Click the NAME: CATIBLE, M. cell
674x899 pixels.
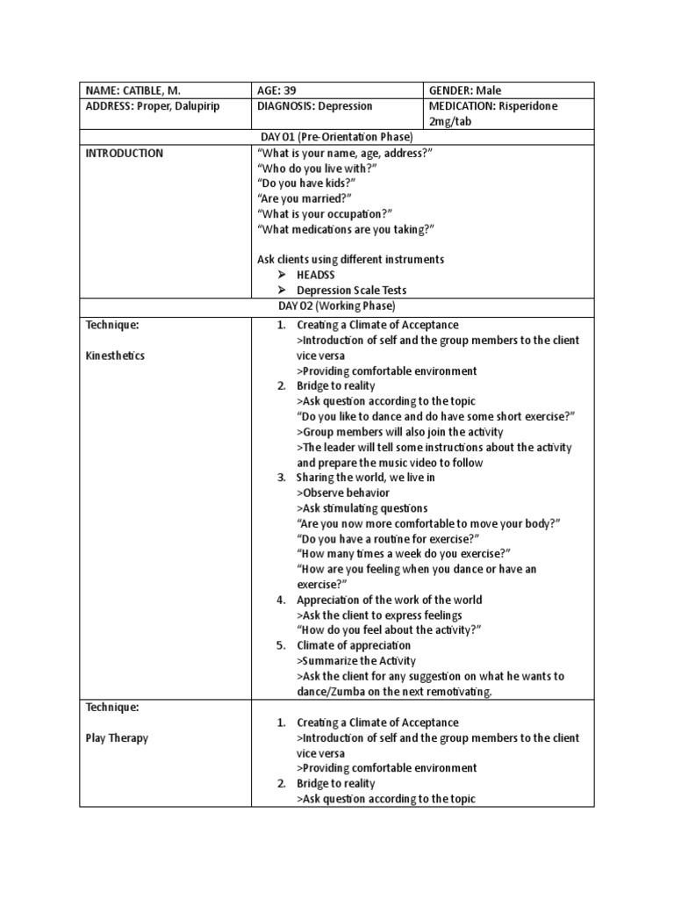[x=135, y=90]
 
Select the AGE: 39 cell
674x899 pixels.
[x=281, y=90]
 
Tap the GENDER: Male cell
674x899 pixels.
[x=465, y=90]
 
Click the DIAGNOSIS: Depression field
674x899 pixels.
[x=315, y=105]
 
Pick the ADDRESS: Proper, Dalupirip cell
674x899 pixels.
[x=153, y=105]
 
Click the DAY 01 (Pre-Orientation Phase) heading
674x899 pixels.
[x=337, y=137]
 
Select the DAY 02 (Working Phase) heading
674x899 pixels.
[x=337, y=306]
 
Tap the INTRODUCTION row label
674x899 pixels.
[x=124, y=153]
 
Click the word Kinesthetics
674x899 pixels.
[x=116, y=356]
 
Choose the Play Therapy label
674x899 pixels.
[x=117, y=737]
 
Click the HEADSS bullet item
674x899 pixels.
[x=315, y=275]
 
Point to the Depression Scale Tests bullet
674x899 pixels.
[x=351, y=291]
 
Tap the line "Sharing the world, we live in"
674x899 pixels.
[x=365, y=478]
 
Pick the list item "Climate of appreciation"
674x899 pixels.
[x=353, y=645]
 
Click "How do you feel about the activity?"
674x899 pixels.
[x=390, y=630]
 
